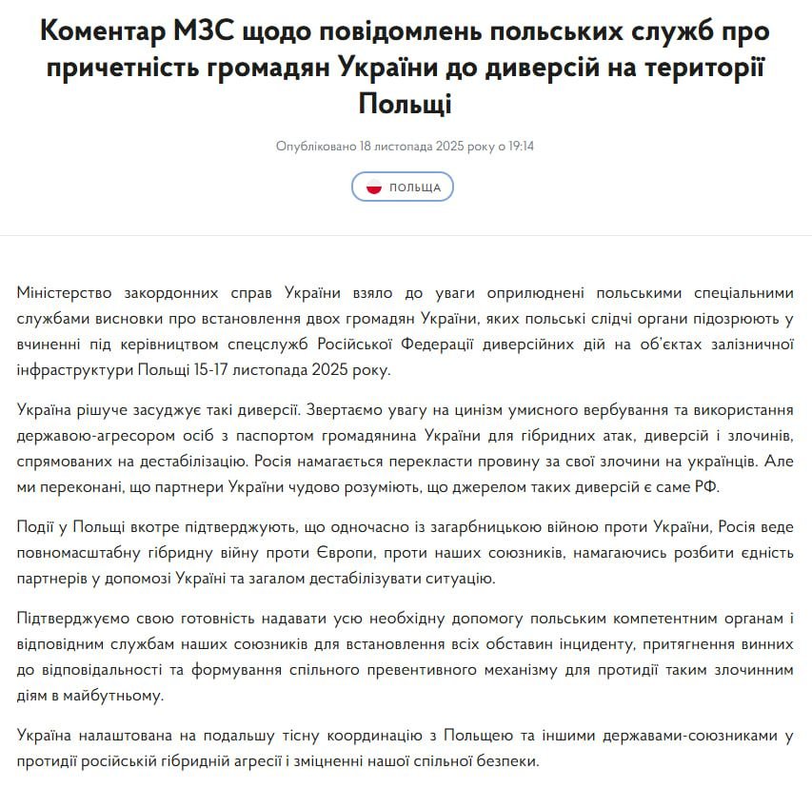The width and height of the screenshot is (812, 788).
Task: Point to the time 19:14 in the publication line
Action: (520, 147)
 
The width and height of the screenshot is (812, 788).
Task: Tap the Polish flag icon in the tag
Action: (374, 187)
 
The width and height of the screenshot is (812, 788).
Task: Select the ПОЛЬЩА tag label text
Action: (415, 187)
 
